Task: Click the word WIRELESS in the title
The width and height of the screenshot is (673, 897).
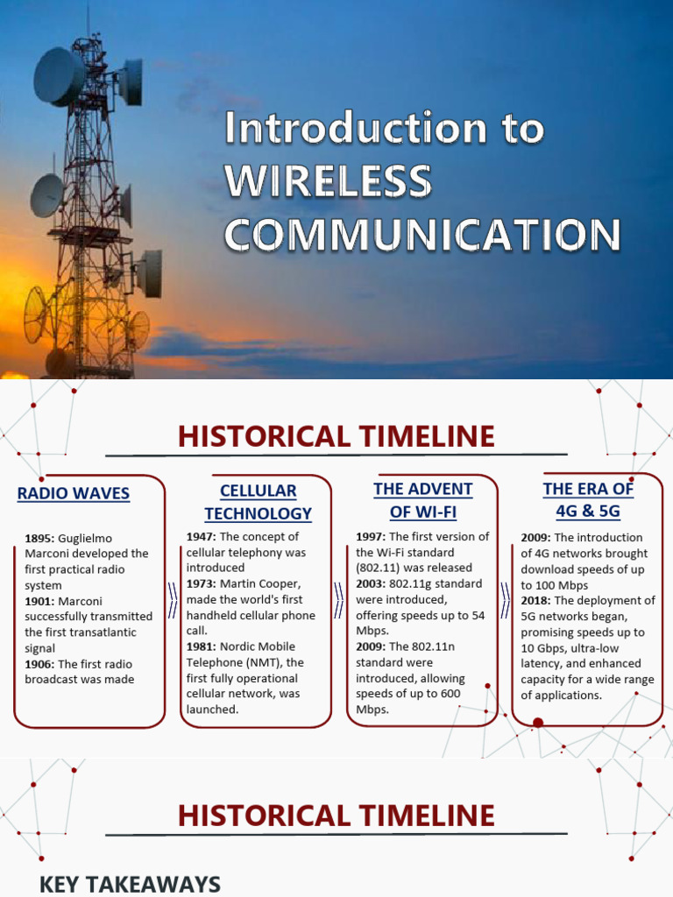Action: pyautogui.click(x=328, y=182)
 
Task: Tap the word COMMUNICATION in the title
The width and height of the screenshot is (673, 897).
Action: pyautogui.click(x=422, y=234)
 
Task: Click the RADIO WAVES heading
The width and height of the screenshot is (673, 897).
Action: pyautogui.click(x=73, y=493)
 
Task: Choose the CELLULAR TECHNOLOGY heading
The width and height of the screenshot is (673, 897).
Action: pyautogui.click(x=258, y=502)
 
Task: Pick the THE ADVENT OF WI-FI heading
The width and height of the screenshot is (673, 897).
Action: pyautogui.click(x=422, y=500)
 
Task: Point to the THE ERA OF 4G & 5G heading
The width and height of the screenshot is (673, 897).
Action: pyautogui.click(x=587, y=499)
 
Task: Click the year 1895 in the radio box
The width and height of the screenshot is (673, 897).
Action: pyautogui.click(x=39, y=538)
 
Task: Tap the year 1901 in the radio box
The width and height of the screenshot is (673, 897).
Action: pyautogui.click(x=39, y=601)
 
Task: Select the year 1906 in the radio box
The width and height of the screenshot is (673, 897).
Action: pyautogui.click(x=39, y=664)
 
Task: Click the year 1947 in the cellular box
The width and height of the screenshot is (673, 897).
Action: pyautogui.click(x=201, y=536)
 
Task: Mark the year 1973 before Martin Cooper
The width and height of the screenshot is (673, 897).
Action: pyautogui.click(x=201, y=583)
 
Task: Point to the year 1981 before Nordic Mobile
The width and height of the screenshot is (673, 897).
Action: pyautogui.click(x=201, y=646)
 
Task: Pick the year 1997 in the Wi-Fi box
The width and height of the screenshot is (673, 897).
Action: pyautogui.click(x=371, y=536)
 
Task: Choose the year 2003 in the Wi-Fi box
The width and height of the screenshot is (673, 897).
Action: pyautogui.click(x=371, y=583)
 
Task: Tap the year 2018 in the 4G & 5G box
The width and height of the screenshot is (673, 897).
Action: pyautogui.click(x=535, y=601)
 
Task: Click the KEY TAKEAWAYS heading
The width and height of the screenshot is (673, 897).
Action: pyautogui.click(x=130, y=885)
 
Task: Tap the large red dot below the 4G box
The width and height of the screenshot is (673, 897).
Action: pyautogui.click(x=538, y=723)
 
